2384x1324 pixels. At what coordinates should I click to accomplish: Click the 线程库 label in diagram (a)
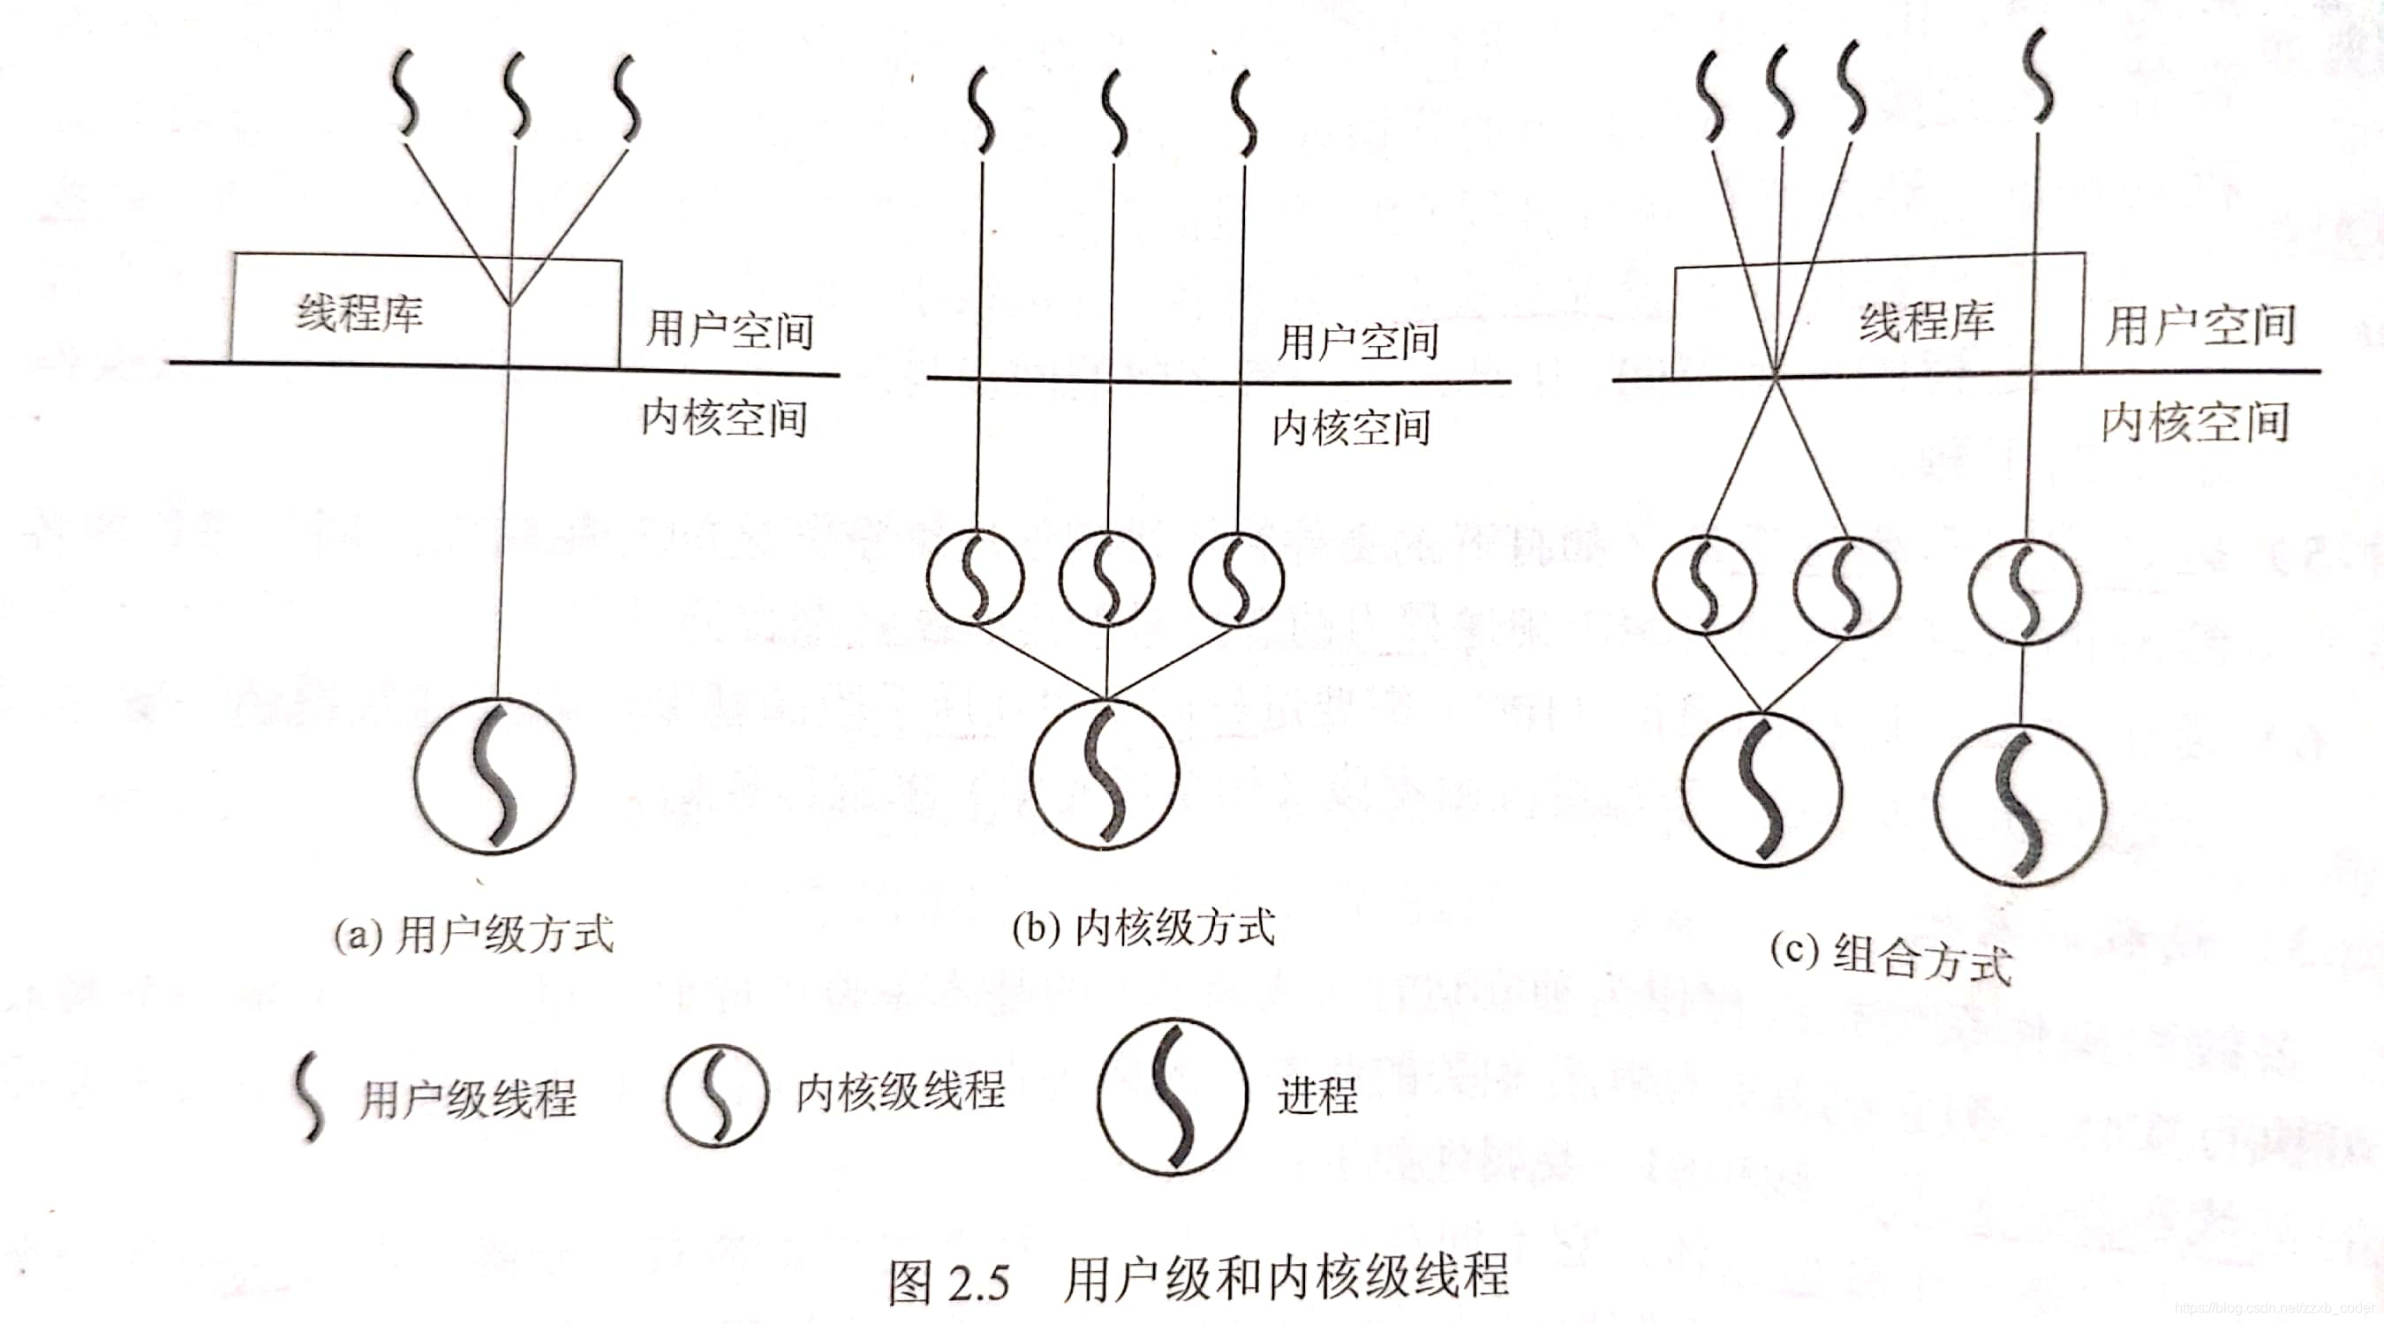click(359, 312)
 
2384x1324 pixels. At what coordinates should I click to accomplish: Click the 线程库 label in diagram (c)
click(1927, 321)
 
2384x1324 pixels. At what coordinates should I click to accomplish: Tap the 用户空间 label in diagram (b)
click(1358, 342)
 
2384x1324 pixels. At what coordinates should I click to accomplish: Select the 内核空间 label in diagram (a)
click(725, 418)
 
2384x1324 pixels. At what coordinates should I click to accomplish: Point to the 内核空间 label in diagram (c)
click(2195, 423)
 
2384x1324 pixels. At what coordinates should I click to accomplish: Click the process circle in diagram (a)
click(494, 775)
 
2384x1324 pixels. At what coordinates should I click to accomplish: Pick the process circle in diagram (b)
click(1105, 773)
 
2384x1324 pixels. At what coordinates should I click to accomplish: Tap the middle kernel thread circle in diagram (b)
click(1107, 579)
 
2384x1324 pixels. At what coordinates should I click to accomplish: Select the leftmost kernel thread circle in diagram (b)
click(976, 577)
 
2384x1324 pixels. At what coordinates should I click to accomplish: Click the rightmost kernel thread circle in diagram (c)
click(2024, 592)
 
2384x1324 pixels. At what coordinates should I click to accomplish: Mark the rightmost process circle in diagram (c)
click(2020, 805)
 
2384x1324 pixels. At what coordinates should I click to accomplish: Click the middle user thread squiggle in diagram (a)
click(517, 95)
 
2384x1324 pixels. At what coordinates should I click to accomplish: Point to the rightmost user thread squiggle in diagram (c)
click(2039, 76)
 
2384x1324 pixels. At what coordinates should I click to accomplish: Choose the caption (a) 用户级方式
click(474, 935)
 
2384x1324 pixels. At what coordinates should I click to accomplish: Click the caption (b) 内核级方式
click(1143, 928)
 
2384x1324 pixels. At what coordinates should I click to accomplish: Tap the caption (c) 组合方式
click(1890, 958)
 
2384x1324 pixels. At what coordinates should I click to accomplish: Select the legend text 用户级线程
click(468, 1099)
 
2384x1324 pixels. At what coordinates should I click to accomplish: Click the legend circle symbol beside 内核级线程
click(717, 1096)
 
